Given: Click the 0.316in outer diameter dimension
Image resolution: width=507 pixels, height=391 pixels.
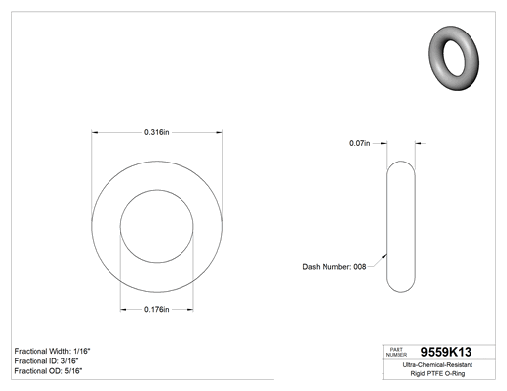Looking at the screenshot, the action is coord(157,132).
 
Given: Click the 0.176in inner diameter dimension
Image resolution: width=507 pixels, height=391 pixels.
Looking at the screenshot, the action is coord(157,309).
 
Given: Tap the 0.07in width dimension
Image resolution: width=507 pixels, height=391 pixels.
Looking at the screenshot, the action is coord(359,143).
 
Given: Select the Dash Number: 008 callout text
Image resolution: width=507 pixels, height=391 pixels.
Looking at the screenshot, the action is coord(334,267).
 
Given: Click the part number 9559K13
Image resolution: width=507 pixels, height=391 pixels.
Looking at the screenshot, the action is coord(446,352).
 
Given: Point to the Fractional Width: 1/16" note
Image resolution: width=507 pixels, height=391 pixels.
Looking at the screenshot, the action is coord(52,351).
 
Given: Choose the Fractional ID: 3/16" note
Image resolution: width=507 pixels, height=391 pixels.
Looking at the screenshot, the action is coord(46,361).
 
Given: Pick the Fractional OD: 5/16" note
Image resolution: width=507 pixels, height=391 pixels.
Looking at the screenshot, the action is coord(48,371).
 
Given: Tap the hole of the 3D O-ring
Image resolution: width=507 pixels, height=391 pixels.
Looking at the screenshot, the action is coord(454,58).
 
